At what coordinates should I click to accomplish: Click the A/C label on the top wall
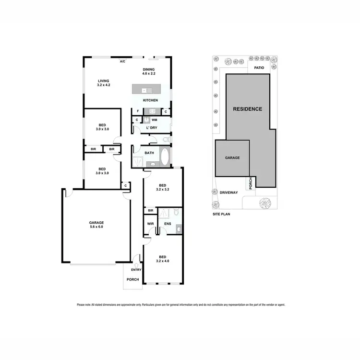pyautogui.click(x=122, y=62)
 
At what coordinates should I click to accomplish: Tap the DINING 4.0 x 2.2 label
pyautogui.click(x=148, y=72)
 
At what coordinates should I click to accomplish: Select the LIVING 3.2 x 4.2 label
pyautogui.click(x=104, y=83)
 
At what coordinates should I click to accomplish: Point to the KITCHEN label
pyautogui.click(x=150, y=100)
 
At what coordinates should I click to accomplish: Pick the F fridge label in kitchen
pyautogui.click(x=137, y=111)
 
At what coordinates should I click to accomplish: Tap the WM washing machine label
pyautogui.click(x=155, y=120)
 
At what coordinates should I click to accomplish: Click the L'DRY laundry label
pyautogui.click(x=152, y=128)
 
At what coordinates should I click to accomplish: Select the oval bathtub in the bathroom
pyautogui.click(x=164, y=156)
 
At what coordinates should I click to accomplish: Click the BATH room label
pyautogui.click(x=149, y=153)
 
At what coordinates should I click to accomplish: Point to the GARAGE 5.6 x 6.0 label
pyautogui.click(x=96, y=225)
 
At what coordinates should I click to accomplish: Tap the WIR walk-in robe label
pyautogui.click(x=150, y=224)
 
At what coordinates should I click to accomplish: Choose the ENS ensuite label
pyautogui.click(x=168, y=224)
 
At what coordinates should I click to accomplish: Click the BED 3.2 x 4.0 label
pyautogui.click(x=163, y=259)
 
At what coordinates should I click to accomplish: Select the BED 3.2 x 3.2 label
pyautogui.click(x=163, y=187)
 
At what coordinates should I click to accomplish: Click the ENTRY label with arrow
pyautogui.click(x=136, y=270)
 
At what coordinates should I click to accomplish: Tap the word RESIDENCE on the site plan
pyautogui.click(x=248, y=109)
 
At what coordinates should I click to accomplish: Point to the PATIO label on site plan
pyautogui.click(x=259, y=68)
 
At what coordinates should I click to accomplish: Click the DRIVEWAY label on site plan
pyautogui.click(x=229, y=192)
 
